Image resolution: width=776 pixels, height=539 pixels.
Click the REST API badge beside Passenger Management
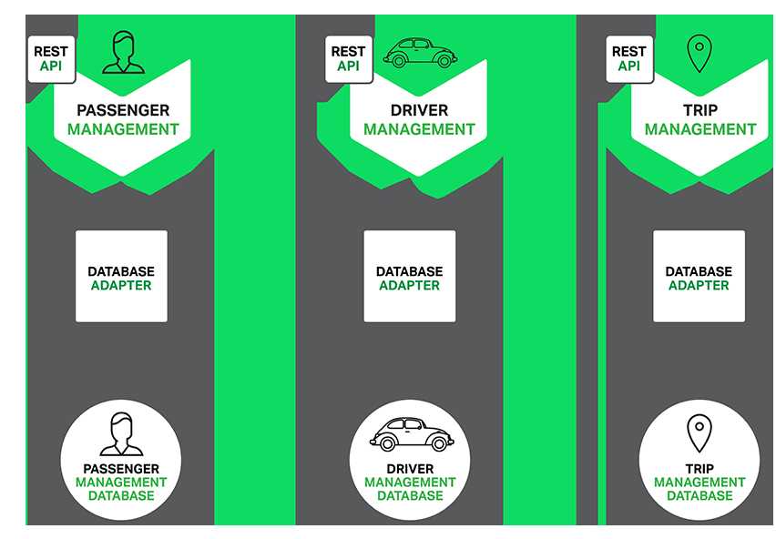point(52,59)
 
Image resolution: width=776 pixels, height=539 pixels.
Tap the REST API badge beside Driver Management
point(349,59)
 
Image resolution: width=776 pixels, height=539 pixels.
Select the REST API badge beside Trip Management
point(629,59)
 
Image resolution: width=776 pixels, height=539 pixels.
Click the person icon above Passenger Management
point(123,53)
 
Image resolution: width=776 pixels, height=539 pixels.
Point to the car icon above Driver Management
point(420,53)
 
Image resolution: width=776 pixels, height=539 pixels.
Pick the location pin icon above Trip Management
point(699,54)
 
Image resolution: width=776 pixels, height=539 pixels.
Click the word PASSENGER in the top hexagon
point(123,110)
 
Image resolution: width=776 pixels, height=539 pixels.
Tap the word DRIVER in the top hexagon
point(419,110)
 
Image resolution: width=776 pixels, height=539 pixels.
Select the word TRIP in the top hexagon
point(700,110)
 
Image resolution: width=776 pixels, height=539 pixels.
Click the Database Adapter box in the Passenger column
point(121,277)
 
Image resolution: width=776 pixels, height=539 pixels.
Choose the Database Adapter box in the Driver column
point(410,277)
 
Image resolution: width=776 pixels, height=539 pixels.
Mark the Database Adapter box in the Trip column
point(699,277)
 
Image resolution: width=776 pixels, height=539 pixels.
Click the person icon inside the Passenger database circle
point(121,434)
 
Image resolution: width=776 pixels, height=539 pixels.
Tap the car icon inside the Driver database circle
point(412,434)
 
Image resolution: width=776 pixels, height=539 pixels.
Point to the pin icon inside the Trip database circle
point(699,433)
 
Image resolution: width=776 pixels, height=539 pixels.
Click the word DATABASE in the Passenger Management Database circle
point(121,495)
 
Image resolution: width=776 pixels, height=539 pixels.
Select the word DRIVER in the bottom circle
point(410,468)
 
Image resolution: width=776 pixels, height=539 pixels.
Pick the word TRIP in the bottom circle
point(699,468)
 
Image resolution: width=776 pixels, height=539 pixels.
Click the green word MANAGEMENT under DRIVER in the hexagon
point(419,129)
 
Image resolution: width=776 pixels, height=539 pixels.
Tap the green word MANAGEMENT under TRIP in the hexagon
point(700,129)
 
